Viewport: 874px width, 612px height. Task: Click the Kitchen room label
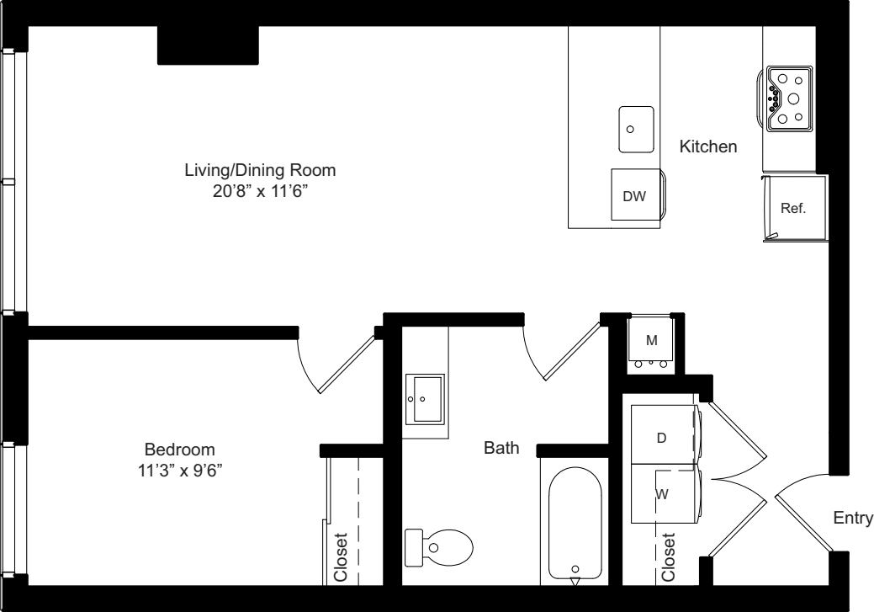[708, 146]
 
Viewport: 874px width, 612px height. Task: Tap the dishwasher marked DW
[636, 194]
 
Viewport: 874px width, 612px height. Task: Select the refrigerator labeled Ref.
[795, 208]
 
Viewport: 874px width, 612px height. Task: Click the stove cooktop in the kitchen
[789, 98]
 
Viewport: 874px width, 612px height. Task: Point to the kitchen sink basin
[636, 129]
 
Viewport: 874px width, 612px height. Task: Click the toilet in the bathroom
[438, 545]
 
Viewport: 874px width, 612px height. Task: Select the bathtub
[575, 523]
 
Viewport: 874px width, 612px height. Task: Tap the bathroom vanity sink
[425, 399]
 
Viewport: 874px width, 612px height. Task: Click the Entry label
[853, 518]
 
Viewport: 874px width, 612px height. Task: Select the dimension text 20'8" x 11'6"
[260, 191]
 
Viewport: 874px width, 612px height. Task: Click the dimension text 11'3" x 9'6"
[181, 471]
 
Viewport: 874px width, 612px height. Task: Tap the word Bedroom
[179, 449]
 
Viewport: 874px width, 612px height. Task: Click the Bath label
[501, 447]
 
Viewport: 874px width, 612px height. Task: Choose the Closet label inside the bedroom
[341, 557]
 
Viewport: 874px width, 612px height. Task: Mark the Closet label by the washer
[668, 557]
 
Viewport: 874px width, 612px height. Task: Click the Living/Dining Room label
[260, 169]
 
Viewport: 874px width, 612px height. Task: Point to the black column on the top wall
[208, 45]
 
